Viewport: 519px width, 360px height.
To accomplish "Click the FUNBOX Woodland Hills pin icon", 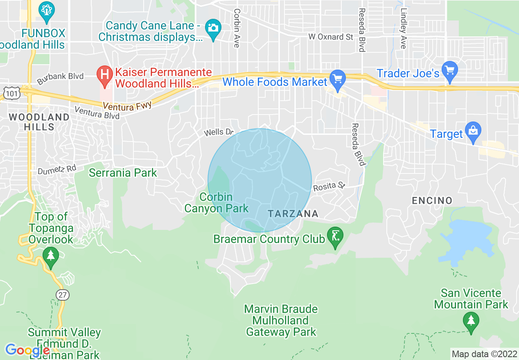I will (46, 12).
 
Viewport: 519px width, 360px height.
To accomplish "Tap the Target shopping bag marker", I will (473, 131).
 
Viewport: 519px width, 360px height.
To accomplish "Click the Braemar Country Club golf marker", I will (335, 237).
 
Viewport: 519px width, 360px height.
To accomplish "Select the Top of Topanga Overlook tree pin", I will (51, 256).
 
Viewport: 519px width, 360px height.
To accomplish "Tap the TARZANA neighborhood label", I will (293, 214).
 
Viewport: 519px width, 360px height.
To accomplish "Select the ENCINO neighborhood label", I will (432, 200).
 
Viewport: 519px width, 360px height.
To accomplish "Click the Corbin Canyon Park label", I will (216, 203).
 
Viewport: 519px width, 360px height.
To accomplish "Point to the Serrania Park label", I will (123, 173).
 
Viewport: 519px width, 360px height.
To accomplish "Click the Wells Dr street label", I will (219, 132).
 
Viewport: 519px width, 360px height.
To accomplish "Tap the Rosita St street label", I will (329, 187).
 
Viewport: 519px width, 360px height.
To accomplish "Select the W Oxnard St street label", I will (331, 37).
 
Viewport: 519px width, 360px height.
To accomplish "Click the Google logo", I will (27, 350).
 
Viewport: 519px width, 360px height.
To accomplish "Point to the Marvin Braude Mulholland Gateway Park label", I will (281, 320).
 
